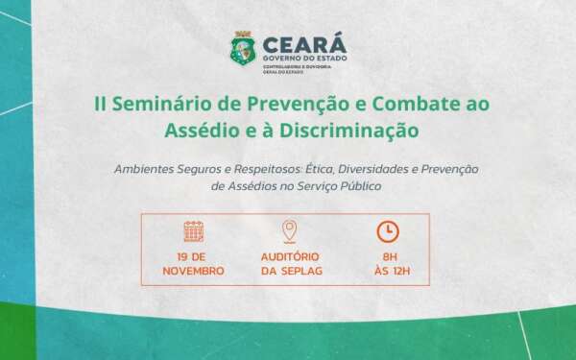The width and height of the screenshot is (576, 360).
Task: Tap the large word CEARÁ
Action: coord(300,41)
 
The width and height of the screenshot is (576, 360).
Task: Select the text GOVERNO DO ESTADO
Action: coord(291,58)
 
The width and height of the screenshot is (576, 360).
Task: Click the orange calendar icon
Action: coord(193,231)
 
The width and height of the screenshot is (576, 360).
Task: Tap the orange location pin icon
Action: coord(289,231)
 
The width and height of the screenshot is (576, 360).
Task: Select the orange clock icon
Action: coord(387,231)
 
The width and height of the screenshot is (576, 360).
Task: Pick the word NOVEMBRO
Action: coord(193,271)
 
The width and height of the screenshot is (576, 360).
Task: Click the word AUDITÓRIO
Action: coord(289,256)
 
